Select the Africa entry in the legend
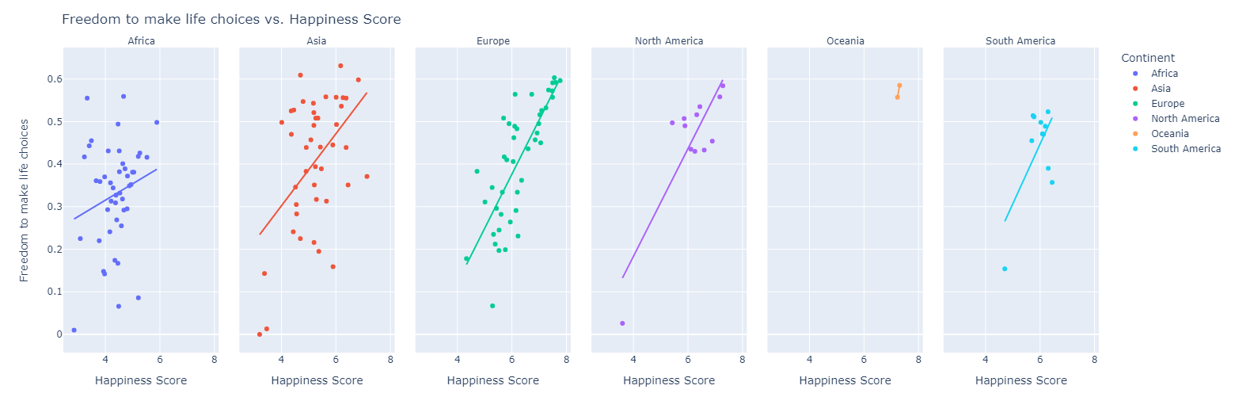[1165, 74]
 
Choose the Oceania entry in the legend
[1169, 134]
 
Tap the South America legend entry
[1185, 149]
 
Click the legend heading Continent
[1147, 58]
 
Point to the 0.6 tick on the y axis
[53, 79]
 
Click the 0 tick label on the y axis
[56, 334]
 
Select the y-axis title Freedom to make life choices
[25, 200]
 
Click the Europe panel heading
[493, 41]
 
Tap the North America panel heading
[669, 41]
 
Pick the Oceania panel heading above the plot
[845, 41]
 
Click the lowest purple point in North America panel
[622, 323]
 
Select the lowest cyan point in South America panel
[1005, 269]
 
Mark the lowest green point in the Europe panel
[492, 306]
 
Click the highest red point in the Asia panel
[340, 66]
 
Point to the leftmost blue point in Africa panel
[74, 330]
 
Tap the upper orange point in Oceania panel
[899, 86]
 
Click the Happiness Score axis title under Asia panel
[317, 380]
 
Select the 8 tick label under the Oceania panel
[918, 359]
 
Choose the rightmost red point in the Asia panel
[367, 177]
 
